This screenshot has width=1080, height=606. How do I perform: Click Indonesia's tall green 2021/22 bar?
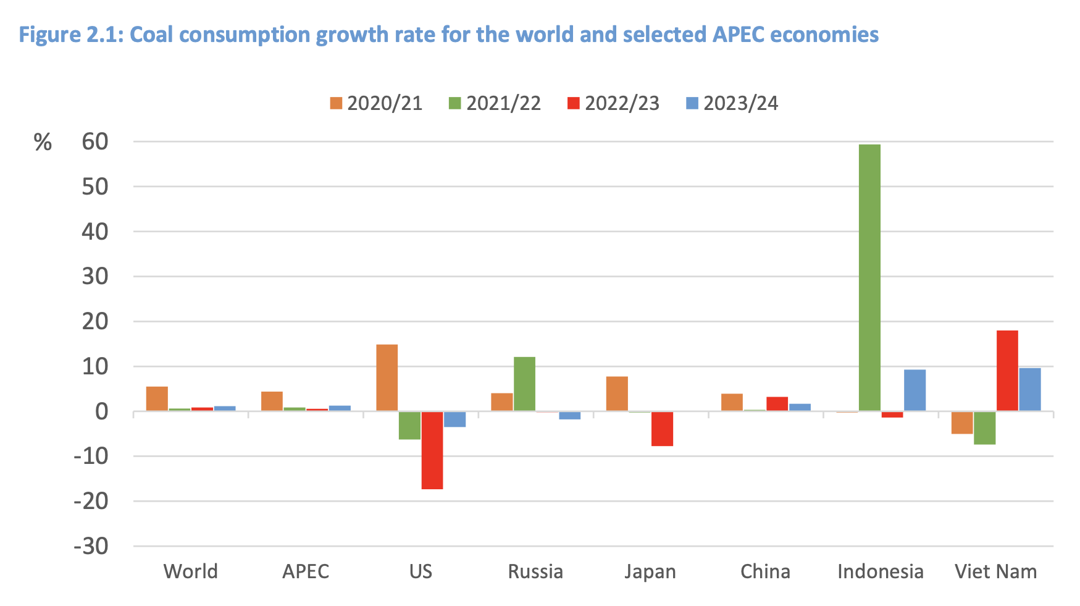tap(869, 278)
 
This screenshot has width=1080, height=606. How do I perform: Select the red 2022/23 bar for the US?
tap(432, 450)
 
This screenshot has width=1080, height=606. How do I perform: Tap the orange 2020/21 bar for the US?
tap(387, 377)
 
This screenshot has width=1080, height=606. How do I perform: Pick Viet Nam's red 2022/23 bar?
tap(1007, 371)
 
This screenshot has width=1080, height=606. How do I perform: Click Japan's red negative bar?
tap(662, 429)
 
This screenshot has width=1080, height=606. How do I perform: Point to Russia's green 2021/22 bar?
tap(524, 384)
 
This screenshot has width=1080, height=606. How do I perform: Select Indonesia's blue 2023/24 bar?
tap(915, 390)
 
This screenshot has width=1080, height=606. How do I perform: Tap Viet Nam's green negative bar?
tap(984, 427)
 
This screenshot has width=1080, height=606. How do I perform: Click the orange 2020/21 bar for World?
tap(157, 398)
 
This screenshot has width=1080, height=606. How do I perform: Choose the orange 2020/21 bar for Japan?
tap(617, 393)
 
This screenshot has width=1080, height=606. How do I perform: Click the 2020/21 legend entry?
tap(376, 103)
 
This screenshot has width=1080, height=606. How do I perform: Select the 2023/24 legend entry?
tap(732, 103)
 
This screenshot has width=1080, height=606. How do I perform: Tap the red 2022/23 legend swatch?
tap(573, 103)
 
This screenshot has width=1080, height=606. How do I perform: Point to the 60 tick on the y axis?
tap(94, 141)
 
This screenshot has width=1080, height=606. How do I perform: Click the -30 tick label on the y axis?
tap(91, 546)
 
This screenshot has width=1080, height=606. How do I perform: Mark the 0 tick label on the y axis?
tap(101, 411)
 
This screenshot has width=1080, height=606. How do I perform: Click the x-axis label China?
tap(765, 571)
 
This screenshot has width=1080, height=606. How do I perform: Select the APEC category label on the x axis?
tap(306, 571)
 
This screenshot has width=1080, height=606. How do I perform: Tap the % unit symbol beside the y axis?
tap(43, 143)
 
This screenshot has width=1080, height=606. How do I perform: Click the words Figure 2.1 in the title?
tap(71, 35)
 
